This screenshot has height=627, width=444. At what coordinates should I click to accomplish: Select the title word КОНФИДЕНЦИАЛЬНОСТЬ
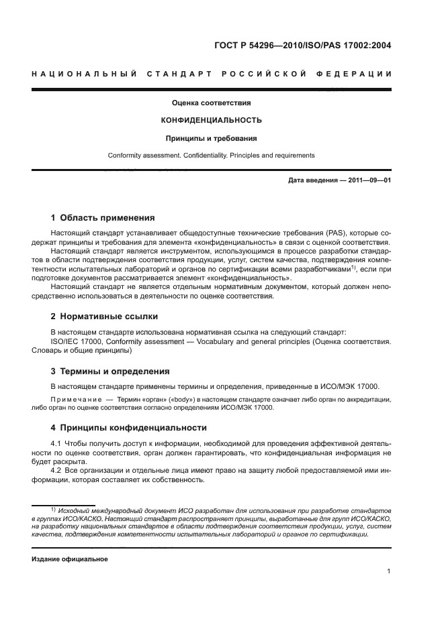pos(211,121)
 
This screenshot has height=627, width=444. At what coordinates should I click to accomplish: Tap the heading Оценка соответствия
pos(211,103)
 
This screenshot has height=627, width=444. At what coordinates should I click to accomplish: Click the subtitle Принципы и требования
pos(211,139)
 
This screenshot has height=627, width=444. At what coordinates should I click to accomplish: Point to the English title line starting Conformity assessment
pos(211,156)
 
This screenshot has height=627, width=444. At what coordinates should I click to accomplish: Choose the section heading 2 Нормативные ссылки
pos(104,316)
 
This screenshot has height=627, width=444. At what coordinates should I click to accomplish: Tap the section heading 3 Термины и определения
pos(110,371)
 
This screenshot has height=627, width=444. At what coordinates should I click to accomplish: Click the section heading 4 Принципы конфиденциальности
pos(129,427)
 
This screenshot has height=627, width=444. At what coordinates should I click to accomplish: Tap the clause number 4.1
pos(58,444)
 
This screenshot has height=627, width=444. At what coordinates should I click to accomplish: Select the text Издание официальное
pos(70,559)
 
